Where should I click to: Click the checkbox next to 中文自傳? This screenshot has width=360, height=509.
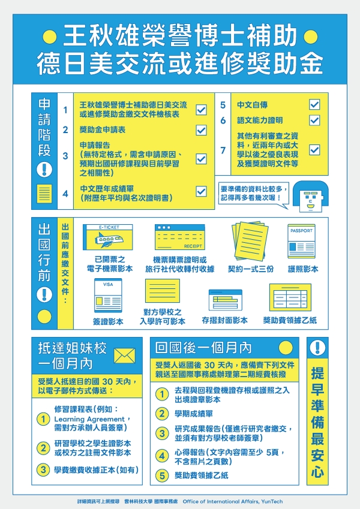click(x=314, y=104)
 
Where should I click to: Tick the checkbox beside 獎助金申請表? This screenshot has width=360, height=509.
click(x=201, y=130)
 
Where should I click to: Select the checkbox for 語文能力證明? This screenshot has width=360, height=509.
click(x=314, y=120)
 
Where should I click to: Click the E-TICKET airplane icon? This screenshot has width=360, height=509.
click(x=108, y=237)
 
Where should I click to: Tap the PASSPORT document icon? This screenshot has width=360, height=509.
click(x=302, y=241)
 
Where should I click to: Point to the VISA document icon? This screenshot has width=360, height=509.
click(x=108, y=296)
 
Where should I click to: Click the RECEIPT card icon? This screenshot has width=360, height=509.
click(x=179, y=237)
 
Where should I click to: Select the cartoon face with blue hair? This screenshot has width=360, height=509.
click(x=310, y=197)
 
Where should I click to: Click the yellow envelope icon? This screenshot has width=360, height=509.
click(x=124, y=356)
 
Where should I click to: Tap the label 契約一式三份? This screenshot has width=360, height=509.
click(x=251, y=269)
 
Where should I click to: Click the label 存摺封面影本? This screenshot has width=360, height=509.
click(x=224, y=321)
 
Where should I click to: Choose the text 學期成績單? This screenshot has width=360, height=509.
click(x=194, y=414)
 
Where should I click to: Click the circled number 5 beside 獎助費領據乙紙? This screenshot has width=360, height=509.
click(x=162, y=475)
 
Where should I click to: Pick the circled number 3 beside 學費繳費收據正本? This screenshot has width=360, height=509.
click(x=43, y=469)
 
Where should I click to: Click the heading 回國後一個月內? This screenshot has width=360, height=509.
click(x=204, y=348)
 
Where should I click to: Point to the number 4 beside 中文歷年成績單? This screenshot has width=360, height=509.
click(x=65, y=194)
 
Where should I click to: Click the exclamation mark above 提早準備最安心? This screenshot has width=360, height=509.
click(x=317, y=348)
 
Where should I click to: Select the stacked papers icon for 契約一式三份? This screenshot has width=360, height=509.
click(x=250, y=240)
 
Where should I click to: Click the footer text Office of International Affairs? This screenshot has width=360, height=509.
click(x=233, y=502)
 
